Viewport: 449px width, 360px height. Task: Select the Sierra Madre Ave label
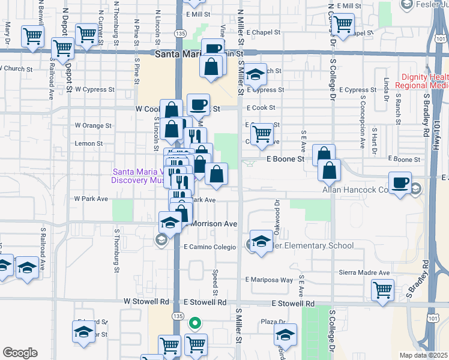point(364,272)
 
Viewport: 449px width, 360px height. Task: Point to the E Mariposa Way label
point(269,280)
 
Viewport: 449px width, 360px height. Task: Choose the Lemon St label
point(89,144)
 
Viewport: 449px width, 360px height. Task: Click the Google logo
point(20,352)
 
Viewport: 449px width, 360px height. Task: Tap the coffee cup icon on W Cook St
point(198,106)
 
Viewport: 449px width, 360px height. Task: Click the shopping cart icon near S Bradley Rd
point(382,290)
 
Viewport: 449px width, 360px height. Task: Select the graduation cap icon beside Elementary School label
point(261,242)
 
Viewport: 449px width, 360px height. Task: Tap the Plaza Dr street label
point(273,322)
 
